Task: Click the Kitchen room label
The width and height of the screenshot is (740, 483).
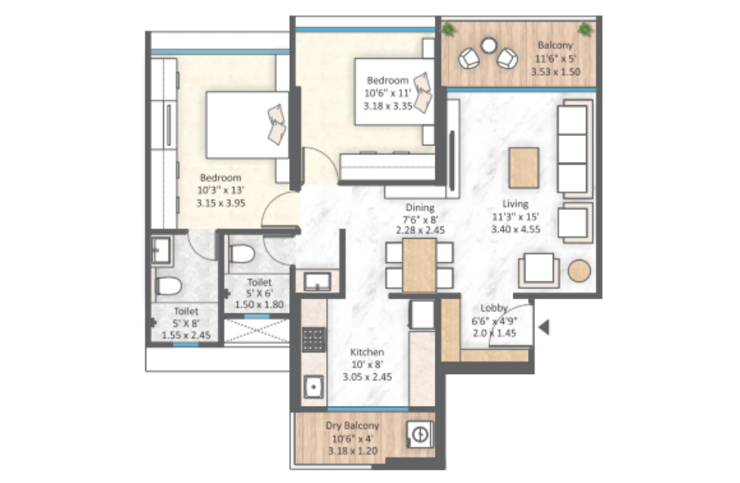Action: click(x=367, y=352)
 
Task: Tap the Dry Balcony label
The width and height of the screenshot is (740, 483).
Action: click(x=352, y=426)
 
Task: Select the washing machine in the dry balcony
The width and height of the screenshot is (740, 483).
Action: click(x=420, y=434)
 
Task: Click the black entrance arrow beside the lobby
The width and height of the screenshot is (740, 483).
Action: click(x=544, y=327)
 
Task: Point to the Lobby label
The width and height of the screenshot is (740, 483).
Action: click(x=493, y=308)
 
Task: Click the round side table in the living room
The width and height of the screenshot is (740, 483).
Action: click(x=579, y=270)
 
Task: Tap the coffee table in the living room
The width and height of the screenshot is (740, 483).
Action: click(x=523, y=168)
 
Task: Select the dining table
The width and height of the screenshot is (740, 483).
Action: click(x=419, y=266)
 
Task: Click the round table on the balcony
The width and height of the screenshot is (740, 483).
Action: click(x=489, y=46)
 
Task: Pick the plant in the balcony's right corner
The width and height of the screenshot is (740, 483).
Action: click(x=585, y=29)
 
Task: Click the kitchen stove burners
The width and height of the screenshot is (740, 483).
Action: click(x=313, y=339)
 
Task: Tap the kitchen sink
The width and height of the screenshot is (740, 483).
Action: click(x=313, y=386)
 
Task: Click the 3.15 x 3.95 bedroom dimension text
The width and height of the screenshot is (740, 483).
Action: click(x=221, y=203)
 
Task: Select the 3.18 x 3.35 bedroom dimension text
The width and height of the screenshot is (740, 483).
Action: click(x=388, y=106)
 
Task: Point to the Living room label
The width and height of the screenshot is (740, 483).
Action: click(x=515, y=204)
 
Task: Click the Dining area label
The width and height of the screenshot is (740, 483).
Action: click(x=420, y=208)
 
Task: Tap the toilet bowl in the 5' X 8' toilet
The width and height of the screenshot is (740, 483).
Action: click(x=169, y=286)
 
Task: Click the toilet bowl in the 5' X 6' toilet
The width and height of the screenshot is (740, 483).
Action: click(x=241, y=253)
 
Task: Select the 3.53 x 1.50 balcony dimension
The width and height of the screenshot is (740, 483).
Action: click(x=555, y=72)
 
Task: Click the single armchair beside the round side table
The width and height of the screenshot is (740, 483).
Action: click(x=539, y=270)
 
